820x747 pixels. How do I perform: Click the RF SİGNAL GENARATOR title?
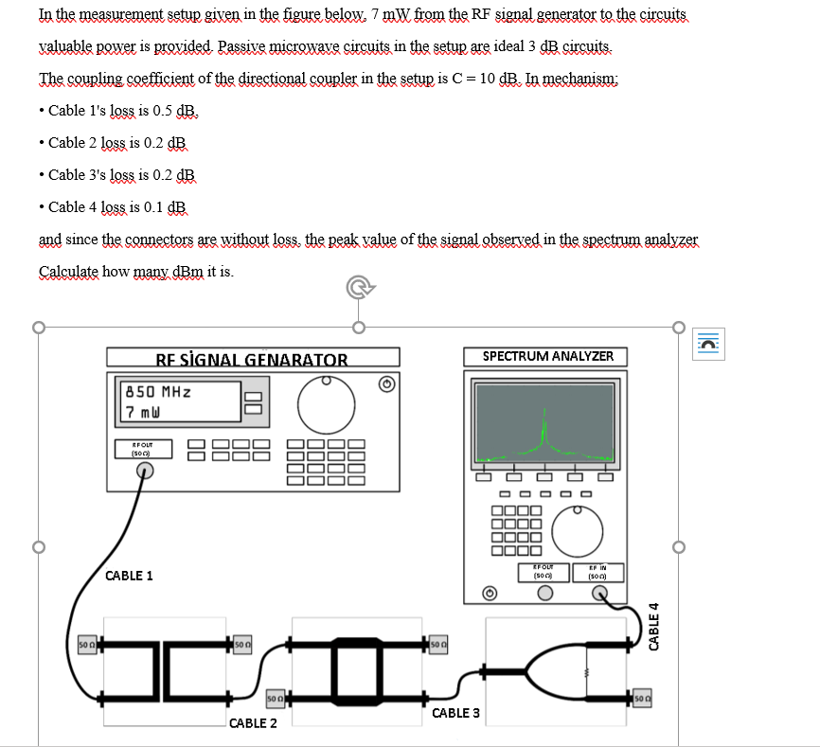coord(252,359)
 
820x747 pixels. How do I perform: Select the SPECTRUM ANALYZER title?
coord(547,356)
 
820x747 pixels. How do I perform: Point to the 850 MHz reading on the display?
coord(158,391)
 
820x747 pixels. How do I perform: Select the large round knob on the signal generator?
coord(327,403)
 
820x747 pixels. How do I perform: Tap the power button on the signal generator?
coord(385,383)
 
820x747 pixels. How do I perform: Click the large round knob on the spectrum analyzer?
coord(578,531)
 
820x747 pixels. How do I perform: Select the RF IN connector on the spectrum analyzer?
coord(600,594)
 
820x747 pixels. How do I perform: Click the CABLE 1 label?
coord(129,576)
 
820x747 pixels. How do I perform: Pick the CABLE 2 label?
coord(253,723)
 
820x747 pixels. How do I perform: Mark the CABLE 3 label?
coord(455,712)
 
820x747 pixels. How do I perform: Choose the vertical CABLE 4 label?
coord(652,625)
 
